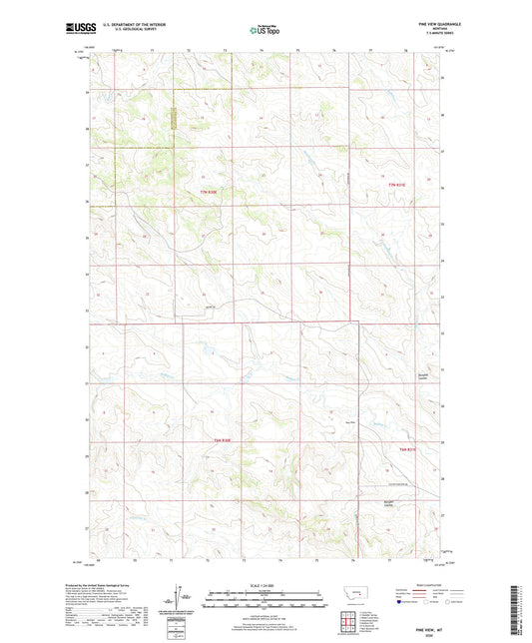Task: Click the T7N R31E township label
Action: (x=399, y=186)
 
